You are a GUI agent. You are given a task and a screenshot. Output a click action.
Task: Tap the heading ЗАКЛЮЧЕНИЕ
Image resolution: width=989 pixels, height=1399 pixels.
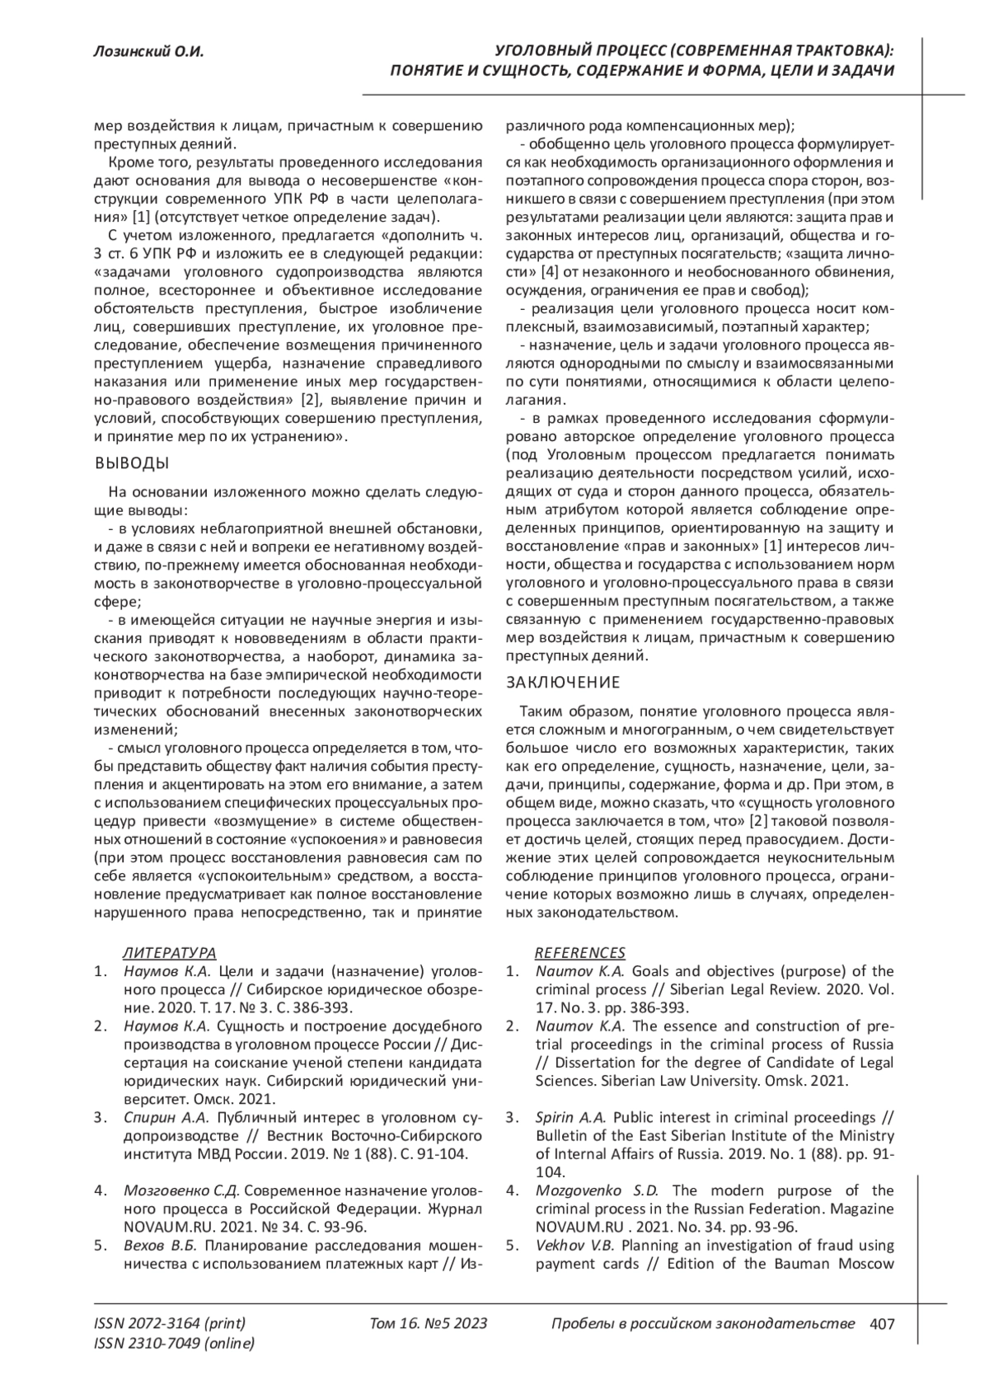pos(563,683)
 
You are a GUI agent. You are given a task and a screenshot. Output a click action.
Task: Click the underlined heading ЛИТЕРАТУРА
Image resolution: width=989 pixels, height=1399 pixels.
pos(169,952)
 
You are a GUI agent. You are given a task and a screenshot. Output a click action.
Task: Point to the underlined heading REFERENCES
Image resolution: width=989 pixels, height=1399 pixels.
pos(580,952)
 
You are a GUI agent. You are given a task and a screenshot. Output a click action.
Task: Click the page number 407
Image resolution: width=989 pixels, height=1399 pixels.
pos(882,1324)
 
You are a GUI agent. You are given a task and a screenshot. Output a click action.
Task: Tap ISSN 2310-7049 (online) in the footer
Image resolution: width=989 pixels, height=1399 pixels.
pos(175,1344)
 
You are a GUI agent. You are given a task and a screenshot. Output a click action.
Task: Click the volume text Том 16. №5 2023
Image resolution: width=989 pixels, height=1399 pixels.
pos(429,1324)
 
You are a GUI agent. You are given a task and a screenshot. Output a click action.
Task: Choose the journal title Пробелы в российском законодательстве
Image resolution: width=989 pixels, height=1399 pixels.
pos(702,1324)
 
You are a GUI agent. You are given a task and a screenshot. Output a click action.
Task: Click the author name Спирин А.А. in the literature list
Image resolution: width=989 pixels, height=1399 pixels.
pos(165,1118)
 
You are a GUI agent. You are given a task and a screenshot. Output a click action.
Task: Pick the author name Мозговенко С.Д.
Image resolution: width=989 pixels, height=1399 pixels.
pos(181,1191)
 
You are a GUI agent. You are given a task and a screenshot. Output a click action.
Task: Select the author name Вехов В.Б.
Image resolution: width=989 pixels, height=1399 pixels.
pos(161,1246)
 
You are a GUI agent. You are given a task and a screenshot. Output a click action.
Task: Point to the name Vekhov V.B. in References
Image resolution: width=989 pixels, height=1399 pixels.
pos(574,1246)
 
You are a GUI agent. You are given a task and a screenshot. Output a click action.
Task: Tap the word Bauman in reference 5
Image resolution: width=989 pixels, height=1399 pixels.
pos(804,1264)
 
